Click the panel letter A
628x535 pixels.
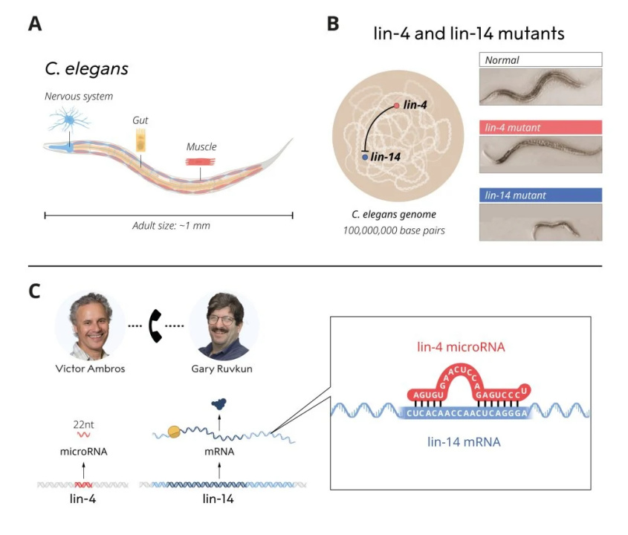point(34,23)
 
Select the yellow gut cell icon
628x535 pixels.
point(140,140)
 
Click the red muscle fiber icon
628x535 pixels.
point(199,161)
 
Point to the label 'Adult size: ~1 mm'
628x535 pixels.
point(170,225)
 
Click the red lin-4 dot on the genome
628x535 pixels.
point(396,106)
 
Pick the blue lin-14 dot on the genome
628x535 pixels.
point(365,157)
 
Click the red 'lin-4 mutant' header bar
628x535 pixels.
point(540,127)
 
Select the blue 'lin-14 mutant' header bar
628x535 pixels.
point(540,195)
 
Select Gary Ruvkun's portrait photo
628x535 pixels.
point(224,325)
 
